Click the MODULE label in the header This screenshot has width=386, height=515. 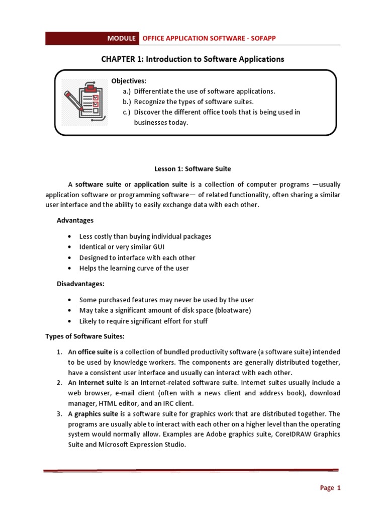tap(121, 38)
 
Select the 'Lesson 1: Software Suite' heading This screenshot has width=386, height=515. tap(192, 169)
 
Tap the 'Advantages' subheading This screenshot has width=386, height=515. tap(75, 220)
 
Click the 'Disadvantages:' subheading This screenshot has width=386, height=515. tap(80, 284)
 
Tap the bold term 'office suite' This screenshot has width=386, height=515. tap(95, 352)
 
